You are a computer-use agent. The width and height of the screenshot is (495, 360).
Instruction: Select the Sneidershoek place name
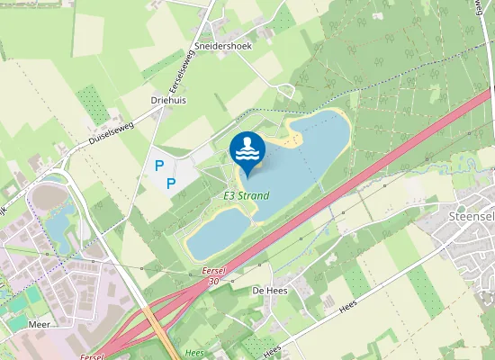pos(222,45)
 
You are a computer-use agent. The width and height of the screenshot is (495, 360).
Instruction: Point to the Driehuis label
pos(168,100)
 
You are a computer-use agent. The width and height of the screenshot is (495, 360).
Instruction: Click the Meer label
pos(39,322)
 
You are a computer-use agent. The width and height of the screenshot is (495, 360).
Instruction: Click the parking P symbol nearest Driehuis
pos(159,166)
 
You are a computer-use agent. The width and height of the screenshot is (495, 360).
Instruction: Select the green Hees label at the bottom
pos(193,353)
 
